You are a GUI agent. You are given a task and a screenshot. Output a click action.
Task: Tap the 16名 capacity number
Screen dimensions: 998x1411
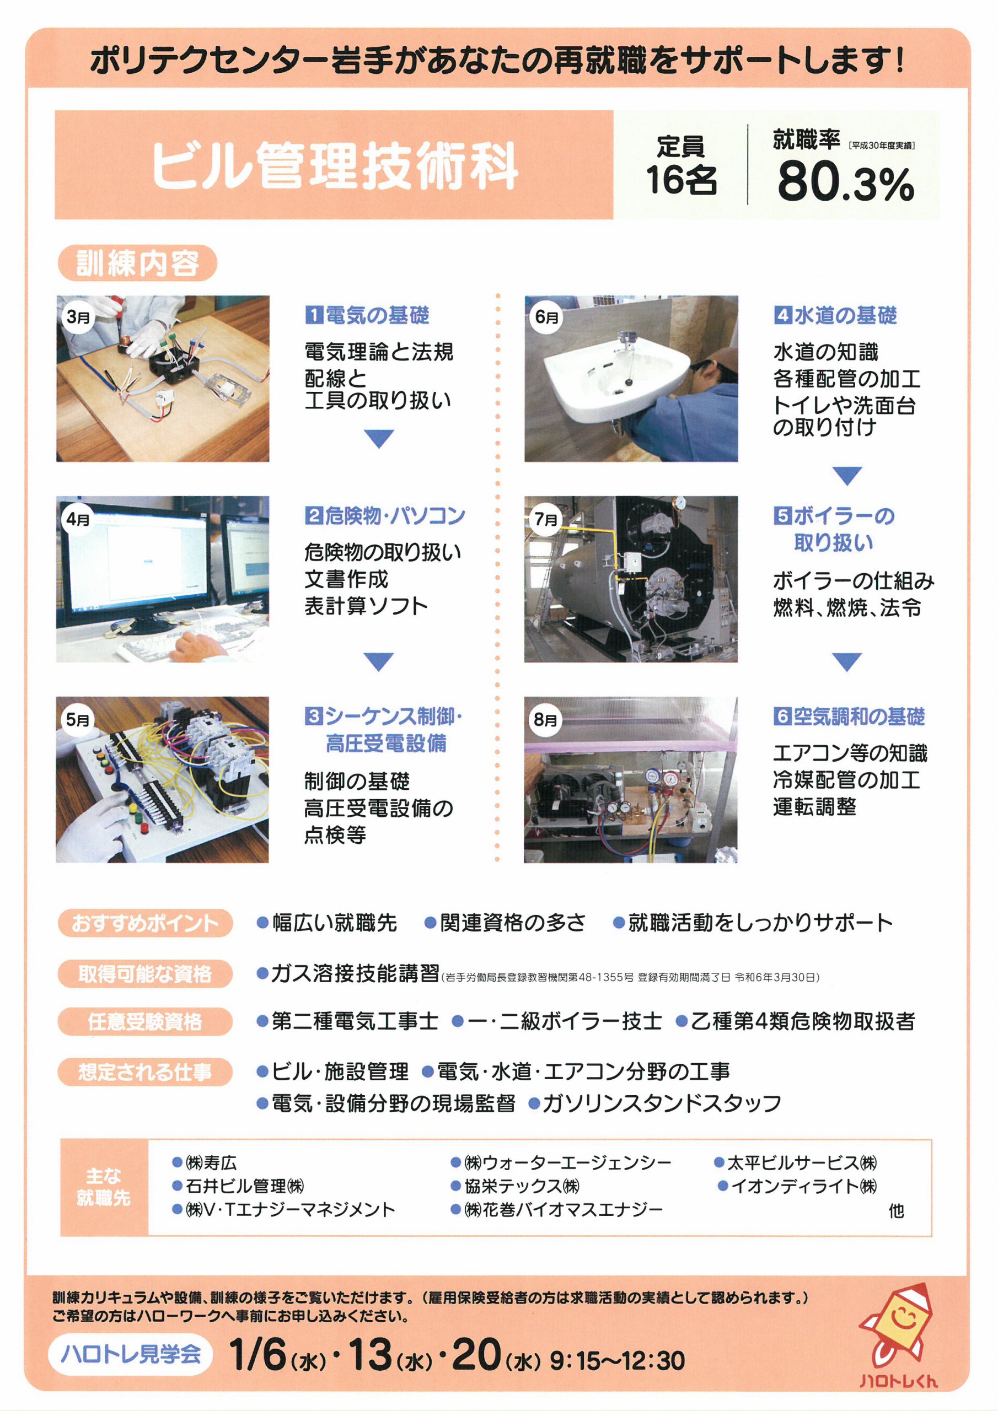682,180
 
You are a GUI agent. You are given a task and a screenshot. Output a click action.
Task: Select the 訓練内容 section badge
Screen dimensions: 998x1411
137,263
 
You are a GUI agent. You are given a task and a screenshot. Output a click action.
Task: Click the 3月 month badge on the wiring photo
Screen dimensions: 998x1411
78,317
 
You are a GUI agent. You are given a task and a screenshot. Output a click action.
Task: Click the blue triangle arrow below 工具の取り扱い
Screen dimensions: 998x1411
379,438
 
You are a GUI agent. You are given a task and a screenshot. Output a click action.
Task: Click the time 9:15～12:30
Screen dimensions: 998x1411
617,1361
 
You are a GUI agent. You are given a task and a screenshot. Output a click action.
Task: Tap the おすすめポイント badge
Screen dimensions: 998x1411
145,923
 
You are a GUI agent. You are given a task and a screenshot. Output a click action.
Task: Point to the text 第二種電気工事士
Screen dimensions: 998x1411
355,1021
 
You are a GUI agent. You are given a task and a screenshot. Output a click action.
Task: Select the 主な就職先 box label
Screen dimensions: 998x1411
104,1187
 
